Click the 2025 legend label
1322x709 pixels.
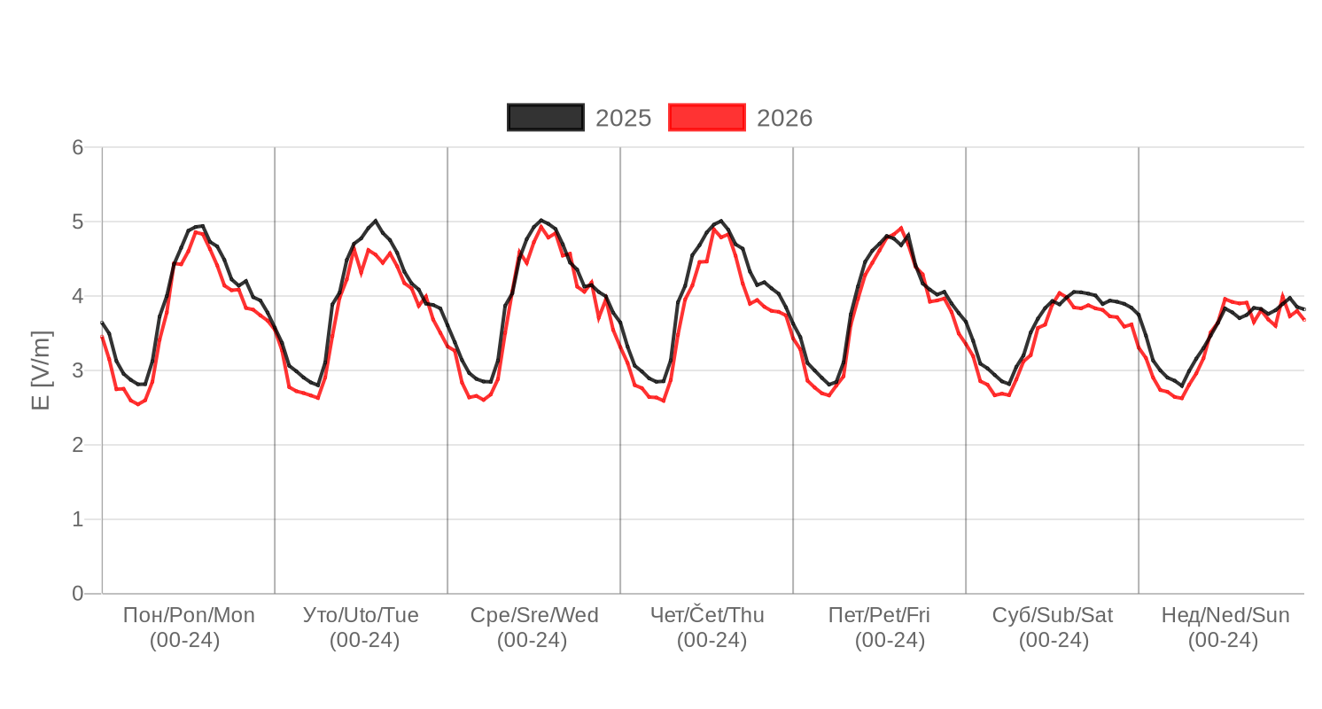(623, 118)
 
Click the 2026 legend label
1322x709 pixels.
(784, 118)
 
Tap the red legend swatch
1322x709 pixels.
(706, 118)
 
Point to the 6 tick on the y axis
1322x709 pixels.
(78, 147)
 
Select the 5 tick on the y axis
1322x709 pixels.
(78, 222)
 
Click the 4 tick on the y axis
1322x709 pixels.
(78, 296)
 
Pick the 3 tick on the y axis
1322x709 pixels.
(78, 370)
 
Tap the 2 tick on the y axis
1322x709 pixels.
(78, 445)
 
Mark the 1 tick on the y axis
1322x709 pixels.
(78, 519)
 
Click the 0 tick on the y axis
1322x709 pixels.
(78, 594)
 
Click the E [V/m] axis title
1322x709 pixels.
(41, 370)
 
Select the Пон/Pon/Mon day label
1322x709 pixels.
(189, 616)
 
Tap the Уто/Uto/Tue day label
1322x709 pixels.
(361, 616)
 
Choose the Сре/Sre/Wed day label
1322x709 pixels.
(534, 616)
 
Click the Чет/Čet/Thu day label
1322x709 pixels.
(707, 616)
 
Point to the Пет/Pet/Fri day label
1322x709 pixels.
(879, 616)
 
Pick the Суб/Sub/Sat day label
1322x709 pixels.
(1053, 616)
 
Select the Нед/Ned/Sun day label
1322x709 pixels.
(1225, 616)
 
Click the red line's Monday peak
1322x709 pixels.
(197, 231)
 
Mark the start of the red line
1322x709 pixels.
(102, 335)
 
